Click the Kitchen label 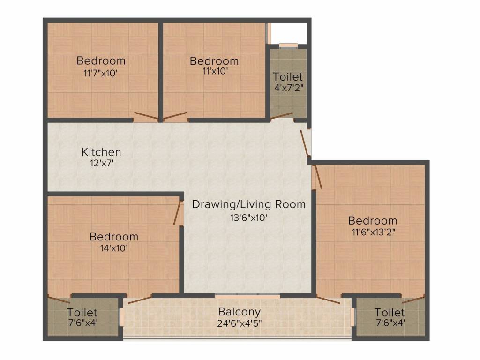101,152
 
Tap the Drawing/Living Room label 249,204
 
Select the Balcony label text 240,312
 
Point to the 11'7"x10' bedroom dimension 101,74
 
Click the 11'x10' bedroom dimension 215,71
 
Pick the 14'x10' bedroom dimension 114,248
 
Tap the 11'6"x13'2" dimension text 374,232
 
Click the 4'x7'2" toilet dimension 289,88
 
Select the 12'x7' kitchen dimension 102,163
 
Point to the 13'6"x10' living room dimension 249,218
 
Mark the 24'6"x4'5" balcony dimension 240,323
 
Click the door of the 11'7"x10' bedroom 146,116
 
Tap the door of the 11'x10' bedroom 175,116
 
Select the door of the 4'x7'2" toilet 282,116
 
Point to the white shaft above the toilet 289,33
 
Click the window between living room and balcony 247,296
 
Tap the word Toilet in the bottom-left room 82,313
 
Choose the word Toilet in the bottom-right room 390,313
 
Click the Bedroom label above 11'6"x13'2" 373,221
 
